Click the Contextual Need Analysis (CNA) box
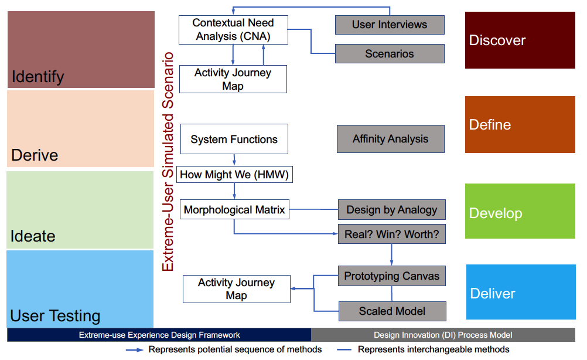[x=233, y=30]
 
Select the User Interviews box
[x=390, y=25]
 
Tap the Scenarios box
[x=390, y=53]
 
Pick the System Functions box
[x=234, y=139]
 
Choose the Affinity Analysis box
[x=391, y=139]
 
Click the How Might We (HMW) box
[x=234, y=175]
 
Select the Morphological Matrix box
[x=234, y=209]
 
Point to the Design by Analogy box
[x=391, y=210]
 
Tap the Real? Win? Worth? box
[x=391, y=234]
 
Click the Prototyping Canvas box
[x=391, y=276]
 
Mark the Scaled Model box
[x=393, y=311]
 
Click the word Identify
[x=38, y=77]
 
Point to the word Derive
[x=35, y=155]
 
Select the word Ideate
[x=33, y=236]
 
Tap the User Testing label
[x=55, y=316]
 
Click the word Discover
[x=497, y=40]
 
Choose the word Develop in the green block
[x=496, y=213]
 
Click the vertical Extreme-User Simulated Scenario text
[x=168, y=161]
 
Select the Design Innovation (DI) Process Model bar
[x=443, y=335]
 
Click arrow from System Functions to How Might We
[x=234, y=160]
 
